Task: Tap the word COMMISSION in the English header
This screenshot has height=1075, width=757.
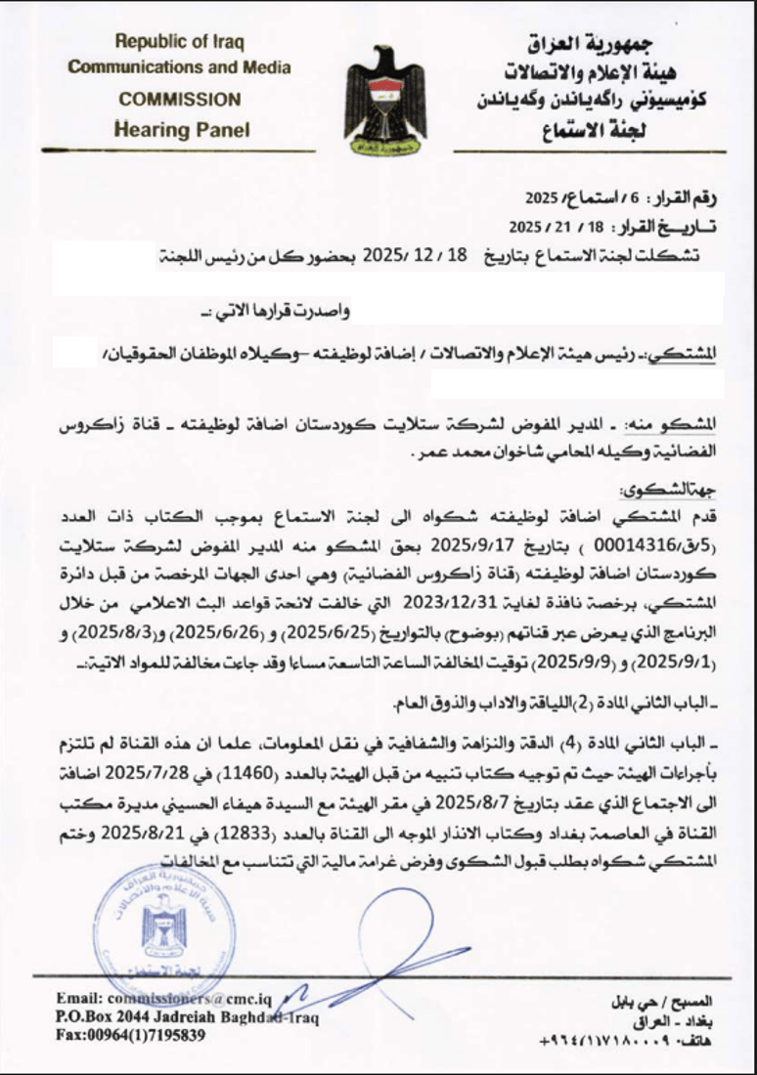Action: (179, 99)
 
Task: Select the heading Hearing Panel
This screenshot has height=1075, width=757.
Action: (181, 128)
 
